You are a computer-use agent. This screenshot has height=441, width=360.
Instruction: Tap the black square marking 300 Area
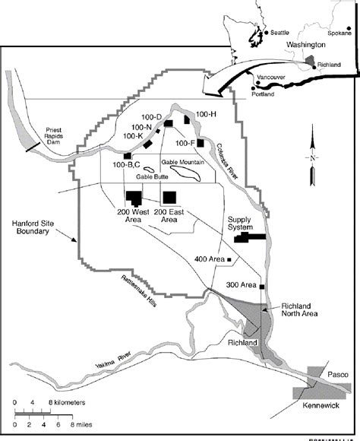262,287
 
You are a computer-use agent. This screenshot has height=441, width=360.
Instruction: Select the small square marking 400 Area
229,260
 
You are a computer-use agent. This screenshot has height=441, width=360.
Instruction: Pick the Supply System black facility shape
251,238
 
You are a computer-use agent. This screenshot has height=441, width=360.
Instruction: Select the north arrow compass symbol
311,157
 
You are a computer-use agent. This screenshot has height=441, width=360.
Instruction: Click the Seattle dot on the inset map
269,33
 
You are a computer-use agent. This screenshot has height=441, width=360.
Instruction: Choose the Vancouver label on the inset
270,78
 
